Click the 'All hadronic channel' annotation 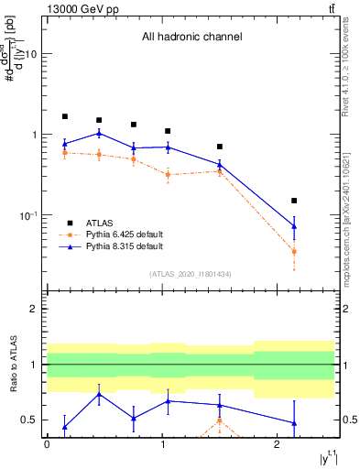point(191,38)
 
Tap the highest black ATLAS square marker point(65,116)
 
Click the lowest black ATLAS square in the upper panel point(294,201)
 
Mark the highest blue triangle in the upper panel point(99,133)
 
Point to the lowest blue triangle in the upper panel point(294,226)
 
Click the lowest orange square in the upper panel point(294,251)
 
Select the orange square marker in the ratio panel point(220,421)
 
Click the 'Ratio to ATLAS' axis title point(13,365)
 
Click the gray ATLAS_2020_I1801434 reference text point(191,274)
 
